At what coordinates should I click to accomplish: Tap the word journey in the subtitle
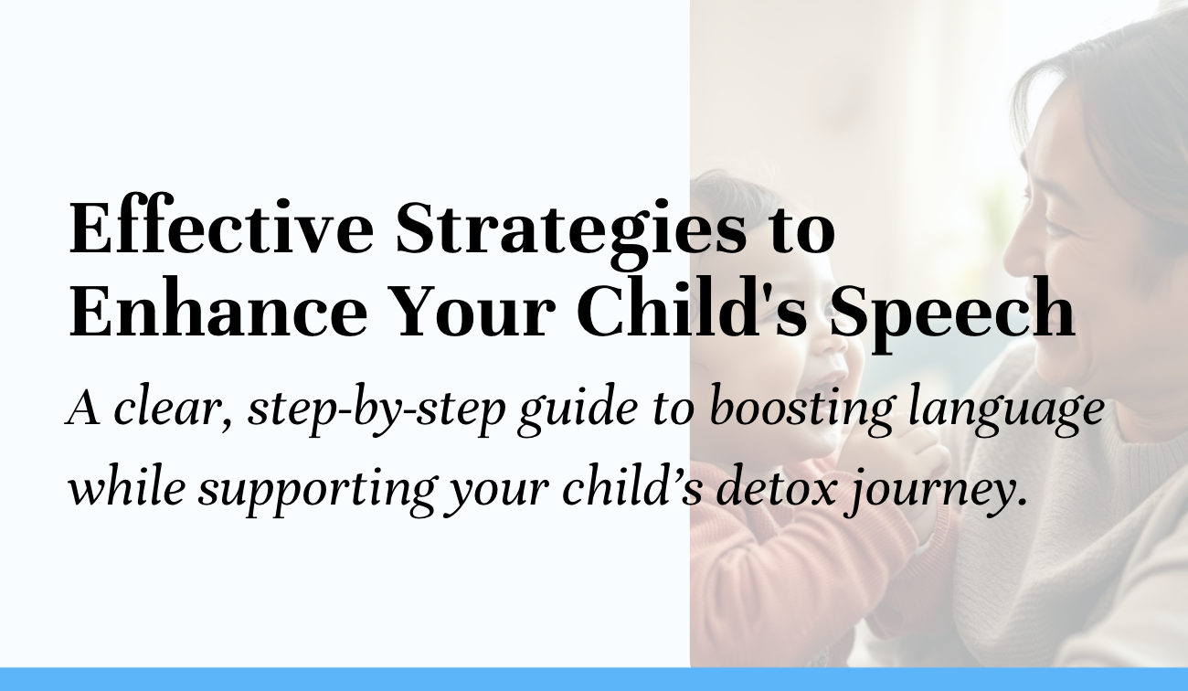(x=923, y=490)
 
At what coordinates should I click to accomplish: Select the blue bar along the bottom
(x=594, y=679)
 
